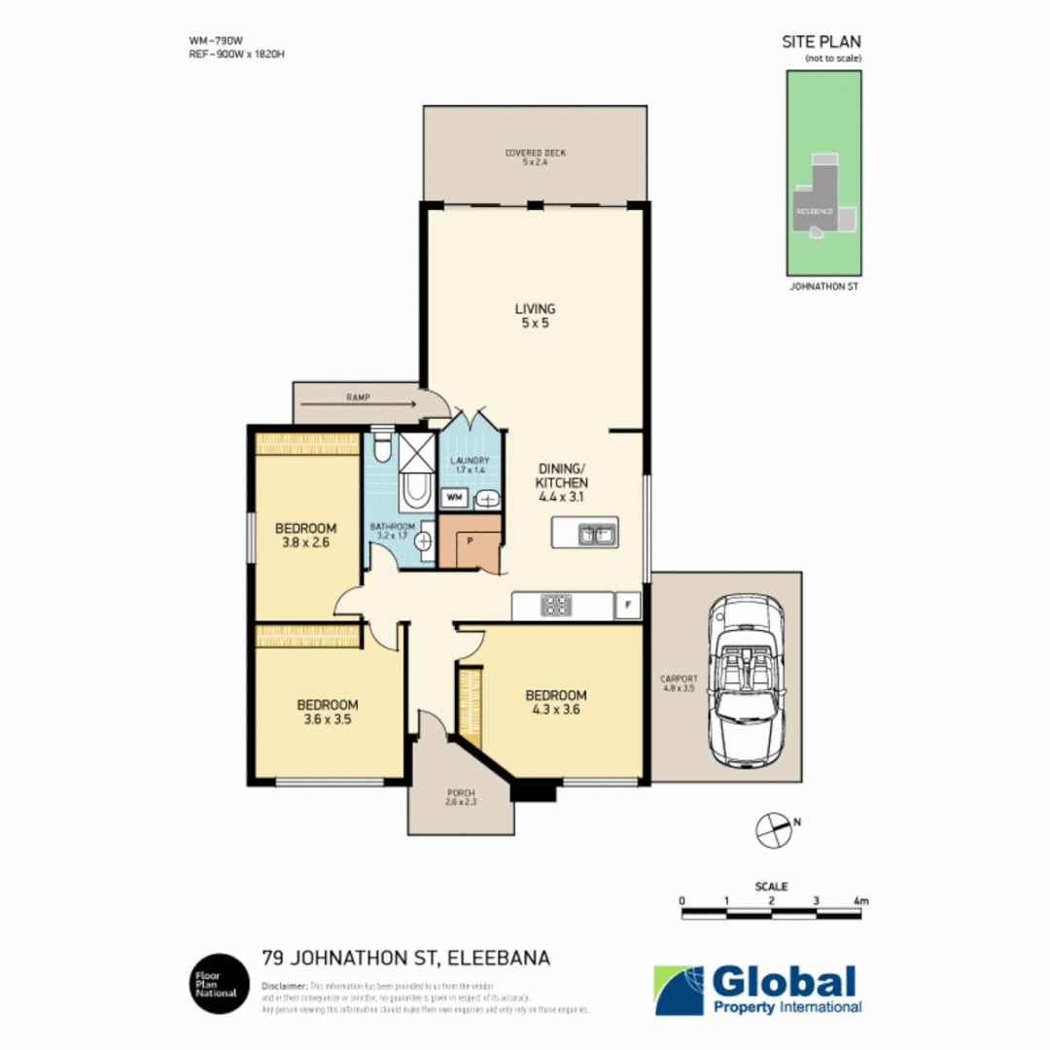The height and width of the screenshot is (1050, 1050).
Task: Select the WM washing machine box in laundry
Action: coord(454,498)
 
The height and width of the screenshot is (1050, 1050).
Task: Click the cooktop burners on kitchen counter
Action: coord(556,606)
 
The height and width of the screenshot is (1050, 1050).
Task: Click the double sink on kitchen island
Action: coord(593,534)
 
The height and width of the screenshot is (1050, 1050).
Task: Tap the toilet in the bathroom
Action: coord(382,449)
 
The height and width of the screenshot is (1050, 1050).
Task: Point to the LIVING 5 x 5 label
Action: coord(534,316)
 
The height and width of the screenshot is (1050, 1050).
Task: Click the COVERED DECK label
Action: coord(535,157)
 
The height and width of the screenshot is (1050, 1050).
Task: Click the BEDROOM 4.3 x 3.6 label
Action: coord(556,702)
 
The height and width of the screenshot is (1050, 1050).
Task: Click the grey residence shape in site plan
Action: coord(818,205)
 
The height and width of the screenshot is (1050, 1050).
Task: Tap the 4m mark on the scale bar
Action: coord(860,901)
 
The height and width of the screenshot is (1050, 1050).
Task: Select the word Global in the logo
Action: coord(785,980)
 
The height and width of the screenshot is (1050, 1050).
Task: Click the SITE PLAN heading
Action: coord(822,42)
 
